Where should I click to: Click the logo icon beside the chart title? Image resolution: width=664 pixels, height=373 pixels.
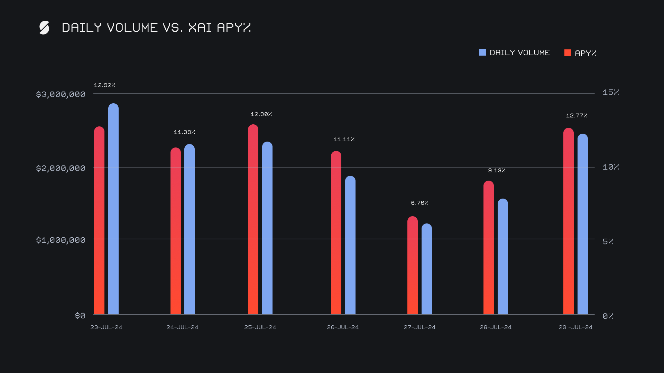click(x=44, y=28)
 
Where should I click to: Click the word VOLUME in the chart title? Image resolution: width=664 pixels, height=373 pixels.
click(x=132, y=28)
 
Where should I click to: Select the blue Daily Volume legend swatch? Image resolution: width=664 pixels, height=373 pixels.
click(x=482, y=52)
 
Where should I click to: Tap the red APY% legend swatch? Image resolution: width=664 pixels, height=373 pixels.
click(x=568, y=53)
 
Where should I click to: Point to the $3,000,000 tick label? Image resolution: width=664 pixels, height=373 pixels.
click(x=61, y=94)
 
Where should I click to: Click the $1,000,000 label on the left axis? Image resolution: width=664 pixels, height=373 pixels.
click(x=61, y=240)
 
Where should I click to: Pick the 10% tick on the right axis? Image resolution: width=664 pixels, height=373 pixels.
click(x=610, y=167)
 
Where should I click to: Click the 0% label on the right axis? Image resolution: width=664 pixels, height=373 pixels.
click(x=608, y=316)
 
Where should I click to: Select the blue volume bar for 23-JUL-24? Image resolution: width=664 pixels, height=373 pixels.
click(x=113, y=209)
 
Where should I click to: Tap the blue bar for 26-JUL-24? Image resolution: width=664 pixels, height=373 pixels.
click(x=350, y=245)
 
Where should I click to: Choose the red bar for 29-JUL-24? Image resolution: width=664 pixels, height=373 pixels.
click(x=569, y=221)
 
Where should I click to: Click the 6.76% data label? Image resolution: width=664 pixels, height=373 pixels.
click(x=419, y=203)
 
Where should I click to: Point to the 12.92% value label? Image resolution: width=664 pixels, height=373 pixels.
click(x=104, y=85)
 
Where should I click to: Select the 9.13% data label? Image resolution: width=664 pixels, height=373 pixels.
click(x=497, y=171)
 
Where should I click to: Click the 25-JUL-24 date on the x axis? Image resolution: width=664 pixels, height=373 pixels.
click(x=260, y=327)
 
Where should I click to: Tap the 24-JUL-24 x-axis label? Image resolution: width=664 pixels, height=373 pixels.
click(x=182, y=327)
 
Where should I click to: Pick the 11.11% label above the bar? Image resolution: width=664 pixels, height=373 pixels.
click(x=344, y=140)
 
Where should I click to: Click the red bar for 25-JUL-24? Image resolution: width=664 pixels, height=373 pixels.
click(x=253, y=219)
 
